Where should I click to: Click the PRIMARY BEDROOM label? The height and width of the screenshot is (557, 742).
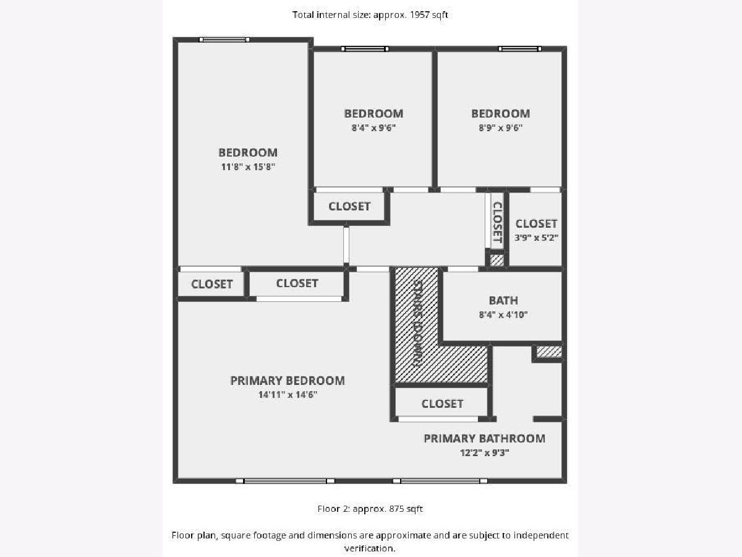click(x=288, y=381)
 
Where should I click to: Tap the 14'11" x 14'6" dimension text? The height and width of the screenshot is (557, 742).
click(x=288, y=395)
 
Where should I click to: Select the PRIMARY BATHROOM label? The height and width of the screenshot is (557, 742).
click(x=484, y=439)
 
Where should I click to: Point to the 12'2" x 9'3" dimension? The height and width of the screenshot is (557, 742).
click(x=484, y=453)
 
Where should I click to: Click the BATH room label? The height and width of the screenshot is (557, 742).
click(x=503, y=301)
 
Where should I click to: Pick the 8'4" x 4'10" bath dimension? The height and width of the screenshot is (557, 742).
click(x=503, y=315)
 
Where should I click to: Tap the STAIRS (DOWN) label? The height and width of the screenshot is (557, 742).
click(x=418, y=323)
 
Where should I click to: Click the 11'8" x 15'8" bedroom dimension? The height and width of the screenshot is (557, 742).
click(x=248, y=166)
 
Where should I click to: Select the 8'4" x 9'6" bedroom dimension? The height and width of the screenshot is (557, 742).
click(x=373, y=128)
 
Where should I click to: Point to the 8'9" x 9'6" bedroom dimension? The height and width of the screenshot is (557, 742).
click(x=501, y=128)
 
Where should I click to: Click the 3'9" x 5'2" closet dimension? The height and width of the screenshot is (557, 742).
click(x=537, y=238)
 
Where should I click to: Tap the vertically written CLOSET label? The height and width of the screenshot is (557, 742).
click(x=497, y=222)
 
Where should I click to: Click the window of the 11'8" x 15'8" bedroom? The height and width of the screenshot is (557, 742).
click(x=224, y=40)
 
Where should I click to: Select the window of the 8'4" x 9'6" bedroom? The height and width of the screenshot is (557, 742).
click(x=365, y=49)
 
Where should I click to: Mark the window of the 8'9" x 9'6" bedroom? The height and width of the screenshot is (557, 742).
click(x=520, y=49)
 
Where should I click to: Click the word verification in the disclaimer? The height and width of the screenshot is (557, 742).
click(x=370, y=548)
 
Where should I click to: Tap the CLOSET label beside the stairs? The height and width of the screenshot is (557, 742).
click(x=442, y=404)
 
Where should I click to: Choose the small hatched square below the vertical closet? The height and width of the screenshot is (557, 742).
click(x=497, y=260)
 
